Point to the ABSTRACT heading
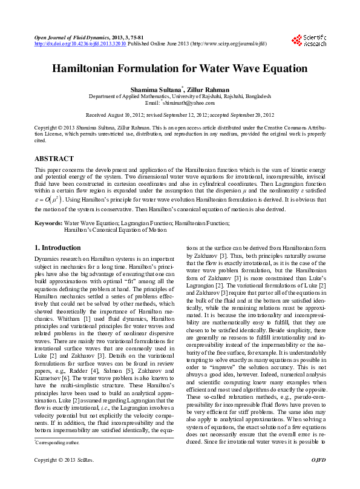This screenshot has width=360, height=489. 54,159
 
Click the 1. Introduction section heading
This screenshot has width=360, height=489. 57,248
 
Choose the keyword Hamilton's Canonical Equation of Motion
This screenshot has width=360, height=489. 115,231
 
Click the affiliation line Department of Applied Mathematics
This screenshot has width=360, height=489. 180,96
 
